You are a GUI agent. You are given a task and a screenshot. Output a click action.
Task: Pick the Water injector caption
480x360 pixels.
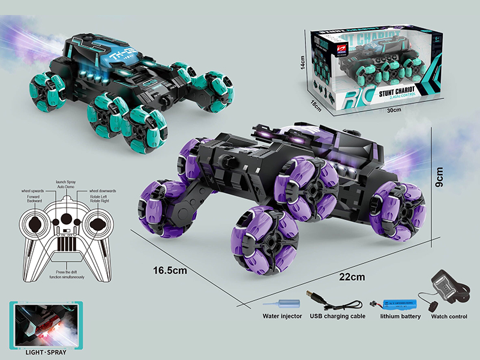(282, 316)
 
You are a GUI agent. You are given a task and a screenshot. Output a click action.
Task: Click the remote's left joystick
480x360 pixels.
(35, 225)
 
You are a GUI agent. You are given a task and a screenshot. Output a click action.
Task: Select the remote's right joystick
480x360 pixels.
(97, 225)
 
